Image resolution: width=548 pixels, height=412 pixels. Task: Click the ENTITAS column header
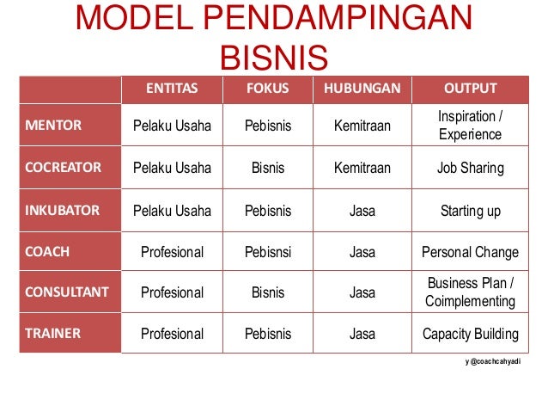pyautogui.click(x=172, y=88)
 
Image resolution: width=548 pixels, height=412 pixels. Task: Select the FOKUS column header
pyautogui.click(x=268, y=88)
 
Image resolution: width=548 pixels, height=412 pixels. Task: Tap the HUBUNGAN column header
pyautogui.click(x=362, y=88)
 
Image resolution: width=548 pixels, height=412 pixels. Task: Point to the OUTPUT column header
pyautogui.click(x=471, y=88)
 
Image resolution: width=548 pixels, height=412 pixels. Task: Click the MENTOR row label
pyautogui.click(x=54, y=126)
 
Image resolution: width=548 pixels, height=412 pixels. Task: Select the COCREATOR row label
pyautogui.click(x=63, y=168)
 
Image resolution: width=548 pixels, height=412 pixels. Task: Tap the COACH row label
pyautogui.click(x=47, y=252)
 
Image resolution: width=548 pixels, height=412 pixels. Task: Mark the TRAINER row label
pyautogui.click(x=52, y=334)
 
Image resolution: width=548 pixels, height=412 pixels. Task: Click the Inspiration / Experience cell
pyautogui.click(x=471, y=126)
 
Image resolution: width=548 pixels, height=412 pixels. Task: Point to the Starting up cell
pyautogui.click(x=471, y=210)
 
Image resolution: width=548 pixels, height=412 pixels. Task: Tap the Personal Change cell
pyautogui.click(x=471, y=252)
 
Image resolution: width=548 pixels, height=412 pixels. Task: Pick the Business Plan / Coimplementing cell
pyautogui.click(x=471, y=292)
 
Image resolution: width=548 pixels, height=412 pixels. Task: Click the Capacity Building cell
pyautogui.click(x=471, y=334)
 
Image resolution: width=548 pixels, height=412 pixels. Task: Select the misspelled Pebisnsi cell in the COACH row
pyautogui.click(x=268, y=252)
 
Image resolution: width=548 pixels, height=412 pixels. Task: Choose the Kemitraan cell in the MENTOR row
pyautogui.click(x=362, y=126)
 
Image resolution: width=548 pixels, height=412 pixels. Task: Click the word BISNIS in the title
pyautogui.click(x=274, y=58)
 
